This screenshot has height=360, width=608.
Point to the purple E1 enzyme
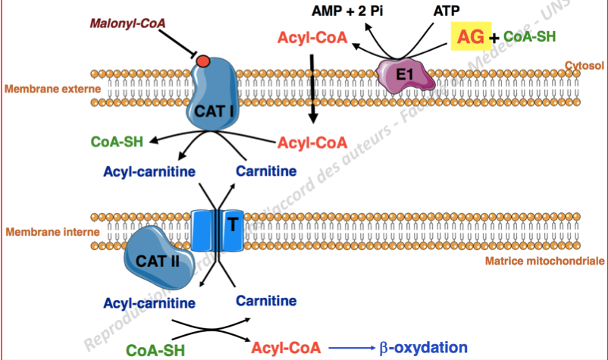tap(404, 75)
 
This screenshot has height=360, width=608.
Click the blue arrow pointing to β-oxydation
tap(353, 349)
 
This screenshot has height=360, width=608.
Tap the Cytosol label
tap(584, 66)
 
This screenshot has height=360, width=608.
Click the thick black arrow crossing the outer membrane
tap(312, 99)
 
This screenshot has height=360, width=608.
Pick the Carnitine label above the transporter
tap(266, 170)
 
